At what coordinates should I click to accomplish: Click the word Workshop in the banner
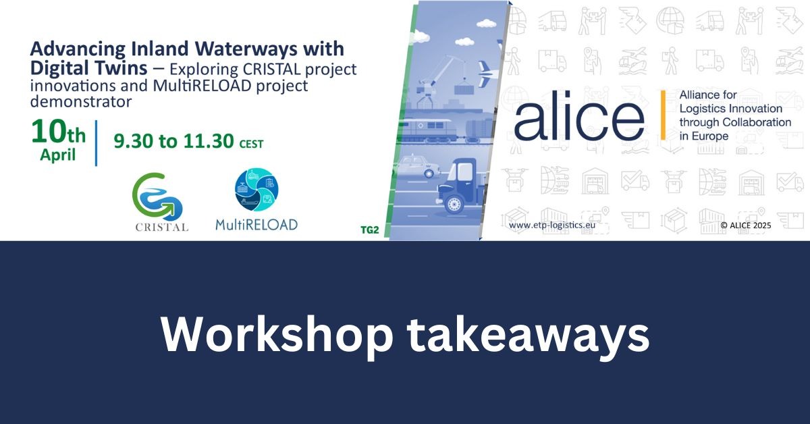[x=276, y=334]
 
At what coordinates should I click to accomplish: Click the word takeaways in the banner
[x=529, y=337]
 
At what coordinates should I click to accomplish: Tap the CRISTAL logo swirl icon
[x=157, y=196]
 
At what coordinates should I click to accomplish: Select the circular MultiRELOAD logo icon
[x=256, y=190]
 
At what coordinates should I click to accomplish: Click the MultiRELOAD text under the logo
[x=256, y=225]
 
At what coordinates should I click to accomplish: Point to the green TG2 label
[x=370, y=230]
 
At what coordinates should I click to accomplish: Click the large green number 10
[x=49, y=132]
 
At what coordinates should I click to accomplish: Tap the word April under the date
[x=58, y=155]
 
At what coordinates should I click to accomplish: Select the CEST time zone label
[x=251, y=144]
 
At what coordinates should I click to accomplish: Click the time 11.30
[x=209, y=141]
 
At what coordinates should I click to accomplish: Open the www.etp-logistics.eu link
[x=552, y=225]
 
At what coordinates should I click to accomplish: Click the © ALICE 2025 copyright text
[x=746, y=226]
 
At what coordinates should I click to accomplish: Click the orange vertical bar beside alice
[x=663, y=115]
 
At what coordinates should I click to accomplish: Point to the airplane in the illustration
[x=489, y=74]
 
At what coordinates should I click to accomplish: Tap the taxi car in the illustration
[x=418, y=166]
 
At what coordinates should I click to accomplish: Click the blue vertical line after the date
[x=96, y=143]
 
